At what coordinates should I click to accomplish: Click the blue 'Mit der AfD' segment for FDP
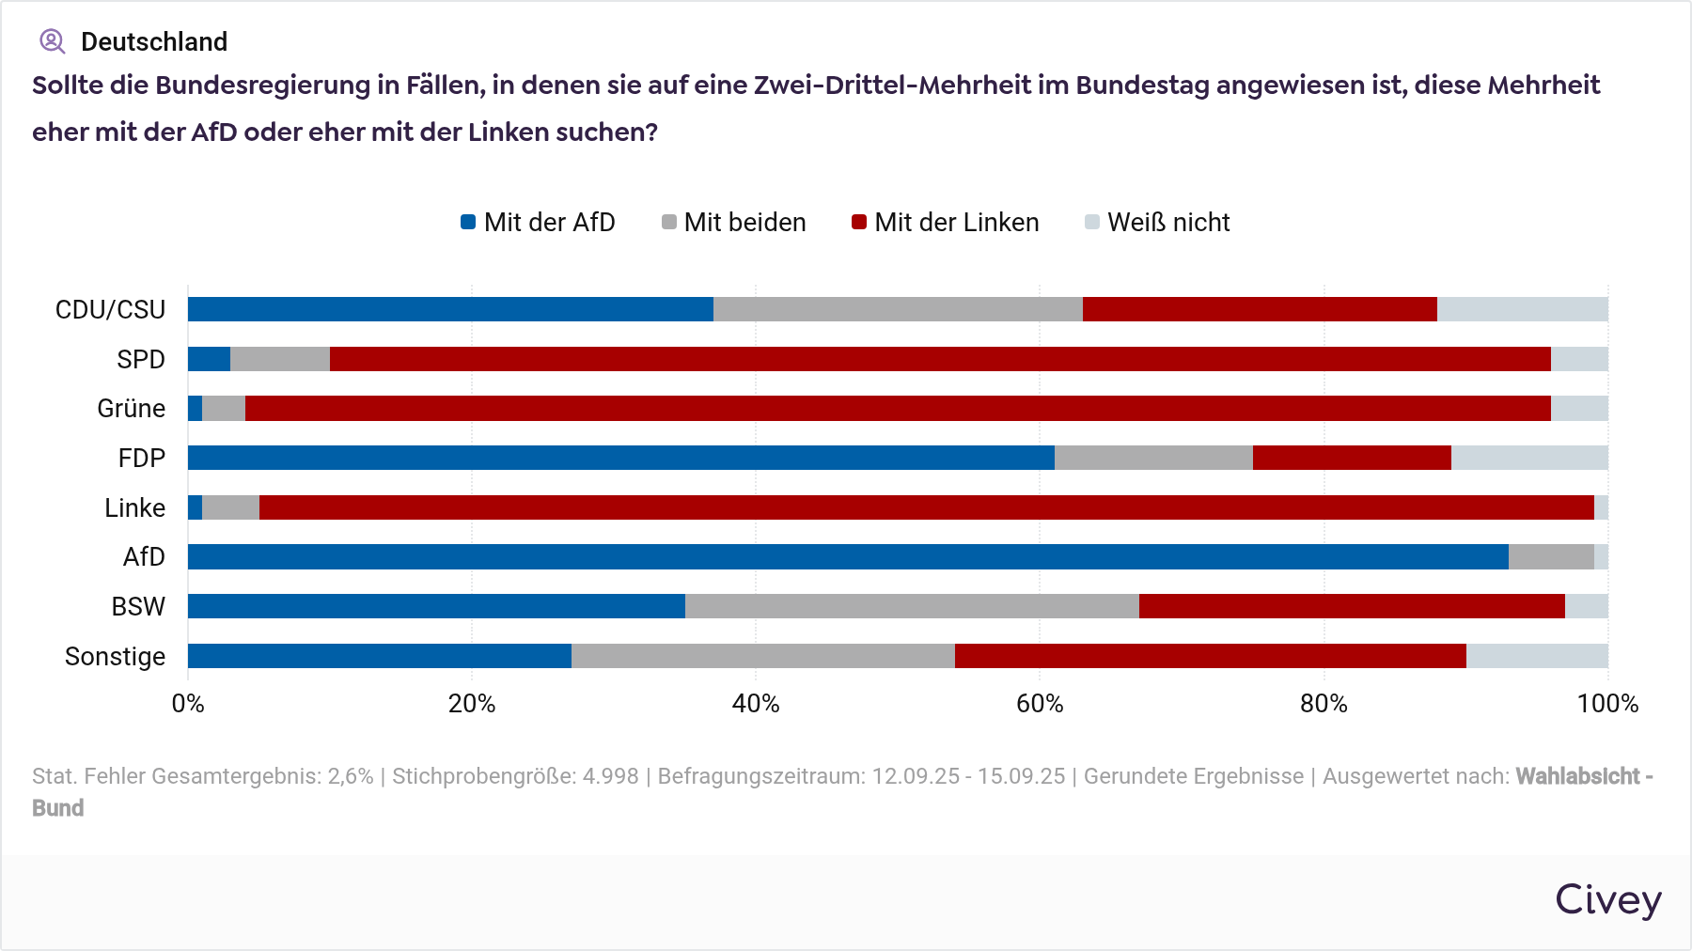(x=620, y=458)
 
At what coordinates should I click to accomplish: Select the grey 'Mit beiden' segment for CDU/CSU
(x=898, y=309)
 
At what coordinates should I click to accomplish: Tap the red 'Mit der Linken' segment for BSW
(x=1352, y=606)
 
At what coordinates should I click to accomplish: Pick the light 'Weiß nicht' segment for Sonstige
(x=1537, y=656)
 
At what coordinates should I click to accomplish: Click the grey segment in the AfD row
(x=1551, y=556)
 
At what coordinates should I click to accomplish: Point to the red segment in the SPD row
(x=940, y=359)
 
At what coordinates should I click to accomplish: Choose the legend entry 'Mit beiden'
(x=734, y=223)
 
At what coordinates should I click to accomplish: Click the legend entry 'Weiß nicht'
(x=1157, y=223)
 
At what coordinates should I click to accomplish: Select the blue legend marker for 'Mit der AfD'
(x=468, y=223)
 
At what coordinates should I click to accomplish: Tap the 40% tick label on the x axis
(x=756, y=704)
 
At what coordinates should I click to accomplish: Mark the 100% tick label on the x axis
(x=1606, y=704)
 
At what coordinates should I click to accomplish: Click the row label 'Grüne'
(x=131, y=409)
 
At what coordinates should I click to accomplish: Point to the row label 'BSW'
(x=138, y=607)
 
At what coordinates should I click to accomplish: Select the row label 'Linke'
(x=134, y=508)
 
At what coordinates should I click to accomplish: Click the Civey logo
(x=1607, y=900)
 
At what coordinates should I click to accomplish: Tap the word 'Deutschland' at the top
(x=154, y=42)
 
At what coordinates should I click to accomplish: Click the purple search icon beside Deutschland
(x=52, y=41)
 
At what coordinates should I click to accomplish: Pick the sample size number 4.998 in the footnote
(x=610, y=776)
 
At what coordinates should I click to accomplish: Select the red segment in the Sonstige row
(x=1210, y=656)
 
